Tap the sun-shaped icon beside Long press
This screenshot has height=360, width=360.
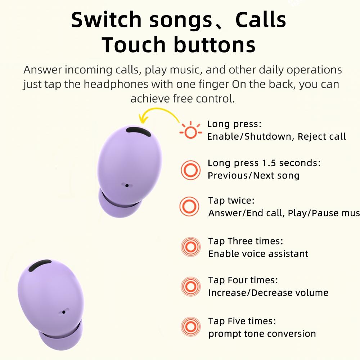[190, 131]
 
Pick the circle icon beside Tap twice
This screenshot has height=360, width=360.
[189, 206]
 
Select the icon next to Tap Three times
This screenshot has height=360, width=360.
[190, 247]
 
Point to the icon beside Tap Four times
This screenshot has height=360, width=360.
[190, 286]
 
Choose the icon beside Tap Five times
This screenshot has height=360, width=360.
[190, 327]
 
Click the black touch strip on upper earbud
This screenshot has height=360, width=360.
[139, 132]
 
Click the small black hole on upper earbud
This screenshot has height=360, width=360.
[127, 185]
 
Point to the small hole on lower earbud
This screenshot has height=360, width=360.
[64, 311]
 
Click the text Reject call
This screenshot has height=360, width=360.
[321, 136]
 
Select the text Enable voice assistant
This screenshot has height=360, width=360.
[258, 253]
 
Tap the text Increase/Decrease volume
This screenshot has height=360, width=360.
[268, 293]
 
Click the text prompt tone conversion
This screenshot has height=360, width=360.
[262, 334]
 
